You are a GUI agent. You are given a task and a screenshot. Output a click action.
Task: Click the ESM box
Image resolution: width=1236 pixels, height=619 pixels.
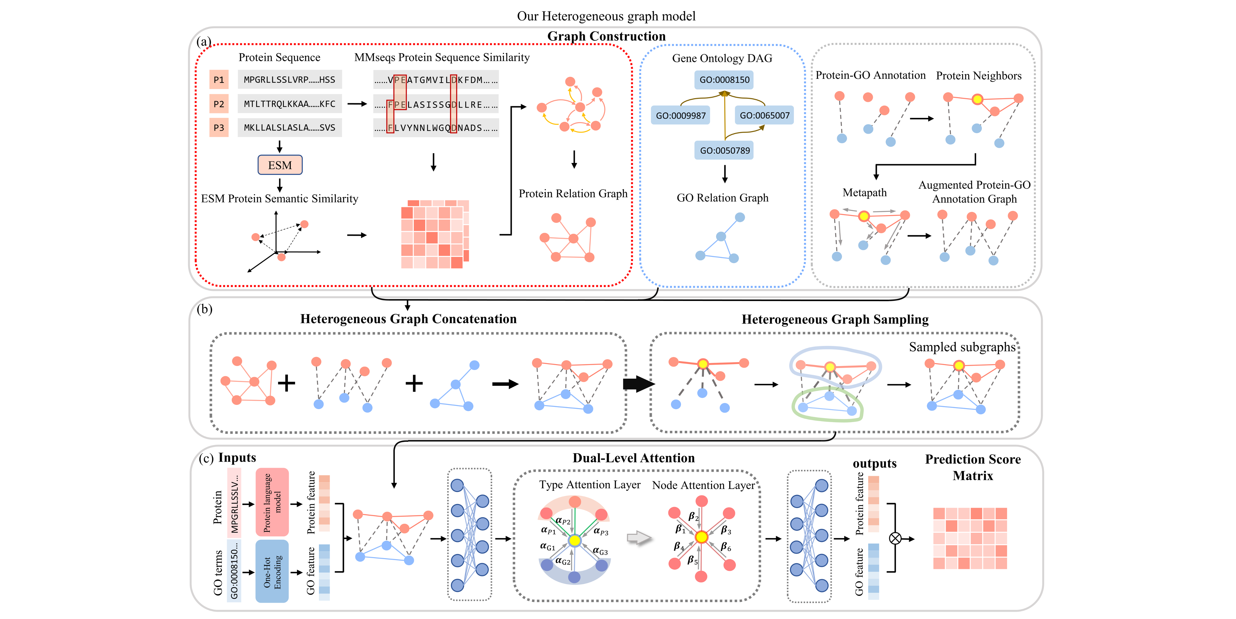[x=280, y=165]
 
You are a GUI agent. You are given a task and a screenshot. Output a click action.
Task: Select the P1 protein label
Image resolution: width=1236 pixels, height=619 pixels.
[x=219, y=80]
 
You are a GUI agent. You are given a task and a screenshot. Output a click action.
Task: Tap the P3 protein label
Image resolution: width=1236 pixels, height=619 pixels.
[x=219, y=128]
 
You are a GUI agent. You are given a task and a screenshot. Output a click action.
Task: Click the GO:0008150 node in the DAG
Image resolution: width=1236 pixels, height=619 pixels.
[x=724, y=80]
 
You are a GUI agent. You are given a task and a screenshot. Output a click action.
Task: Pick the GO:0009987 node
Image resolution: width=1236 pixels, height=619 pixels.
[x=680, y=116]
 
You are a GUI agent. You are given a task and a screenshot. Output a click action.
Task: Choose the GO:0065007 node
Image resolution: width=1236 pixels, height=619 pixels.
[x=764, y=116]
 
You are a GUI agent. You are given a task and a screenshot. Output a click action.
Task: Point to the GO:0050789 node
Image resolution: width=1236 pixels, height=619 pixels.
[x=724, y=150]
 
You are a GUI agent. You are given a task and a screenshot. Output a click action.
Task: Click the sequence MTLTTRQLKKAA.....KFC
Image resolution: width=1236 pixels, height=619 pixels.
[x=289, y=104]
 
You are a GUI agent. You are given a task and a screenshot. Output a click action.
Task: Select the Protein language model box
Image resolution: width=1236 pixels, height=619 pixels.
[x=272, y=502]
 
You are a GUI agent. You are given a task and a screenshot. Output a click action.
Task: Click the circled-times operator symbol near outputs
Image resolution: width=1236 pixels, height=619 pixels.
[x=895, y=538]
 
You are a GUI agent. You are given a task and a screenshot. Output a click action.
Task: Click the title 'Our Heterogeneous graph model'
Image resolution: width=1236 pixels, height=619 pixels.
[x=606, y=16]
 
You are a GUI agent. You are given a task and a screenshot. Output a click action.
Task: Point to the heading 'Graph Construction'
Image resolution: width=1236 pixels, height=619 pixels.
[x=606, y=37]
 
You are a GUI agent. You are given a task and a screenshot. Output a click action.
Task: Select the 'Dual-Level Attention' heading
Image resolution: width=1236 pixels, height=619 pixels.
[x=633, y=458]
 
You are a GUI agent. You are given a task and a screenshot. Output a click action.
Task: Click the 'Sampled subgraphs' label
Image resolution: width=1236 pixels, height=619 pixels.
[x=962, y=347]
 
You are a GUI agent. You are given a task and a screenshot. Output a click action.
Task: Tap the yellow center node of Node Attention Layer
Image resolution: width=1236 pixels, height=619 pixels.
[x=701, y=537]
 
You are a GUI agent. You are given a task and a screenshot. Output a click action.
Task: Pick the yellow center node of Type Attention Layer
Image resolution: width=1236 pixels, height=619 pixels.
[x=574, y=541]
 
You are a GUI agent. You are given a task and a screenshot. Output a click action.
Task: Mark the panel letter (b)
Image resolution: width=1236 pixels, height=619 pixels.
[x=204, y=309]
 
